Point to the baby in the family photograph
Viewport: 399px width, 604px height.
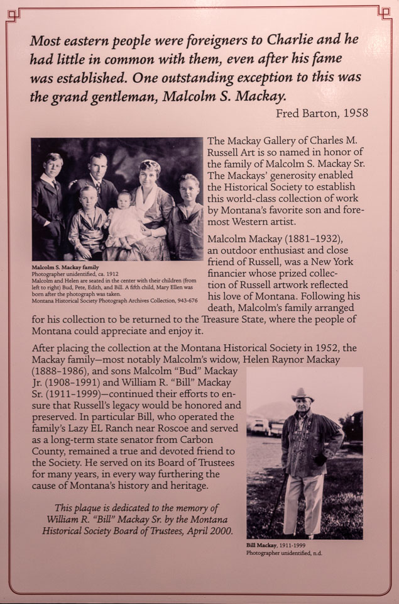click(124, 217)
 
